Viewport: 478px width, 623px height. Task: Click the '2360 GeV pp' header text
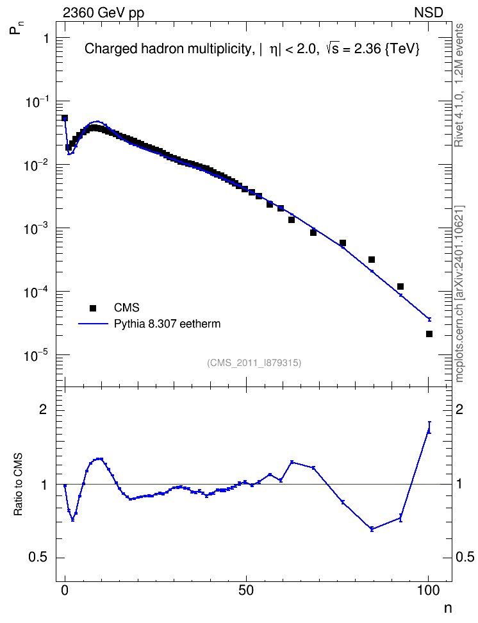pos(103,13)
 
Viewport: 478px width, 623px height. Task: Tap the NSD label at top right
pos(428,13)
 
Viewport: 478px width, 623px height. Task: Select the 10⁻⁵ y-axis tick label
pos(37,355)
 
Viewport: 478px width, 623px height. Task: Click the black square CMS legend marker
pos(93,308)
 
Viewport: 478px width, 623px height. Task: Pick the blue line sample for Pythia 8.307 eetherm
pos(94,324)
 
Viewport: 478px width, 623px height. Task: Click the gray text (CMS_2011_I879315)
pos(254,363)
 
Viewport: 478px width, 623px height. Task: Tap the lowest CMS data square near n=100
pos(429,334)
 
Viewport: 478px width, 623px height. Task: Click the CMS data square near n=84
pos(372,260)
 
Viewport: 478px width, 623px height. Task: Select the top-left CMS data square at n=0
pos(65,118)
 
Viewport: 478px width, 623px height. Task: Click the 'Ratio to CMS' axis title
pos(18,485)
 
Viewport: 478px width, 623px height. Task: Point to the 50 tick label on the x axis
pos(246,590)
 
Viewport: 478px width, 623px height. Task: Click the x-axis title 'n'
pos(448,608)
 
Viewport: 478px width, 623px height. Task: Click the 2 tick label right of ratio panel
pos(459,410)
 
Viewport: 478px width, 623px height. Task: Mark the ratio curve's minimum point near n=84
pos(372,529)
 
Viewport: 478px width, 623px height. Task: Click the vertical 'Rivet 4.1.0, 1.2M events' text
pos(459,85)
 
